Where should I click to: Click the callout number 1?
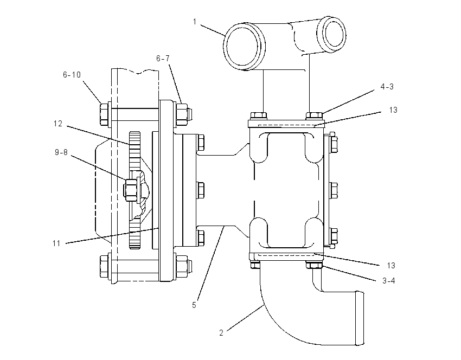click(x=195, y=22)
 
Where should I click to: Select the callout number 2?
click(x=221, y=333)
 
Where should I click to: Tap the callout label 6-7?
click(x=163, y=59)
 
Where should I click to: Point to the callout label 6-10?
click(x=72, y=75)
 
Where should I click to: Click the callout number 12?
click(x=58, y=124)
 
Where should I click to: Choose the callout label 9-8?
click(x=61, y=152)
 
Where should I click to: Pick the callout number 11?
click(x=56, y=243)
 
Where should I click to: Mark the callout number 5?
click(x=194, y=305)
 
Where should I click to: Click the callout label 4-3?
click(x=387, y=86)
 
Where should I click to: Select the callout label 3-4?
click(x=389, y=281)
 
